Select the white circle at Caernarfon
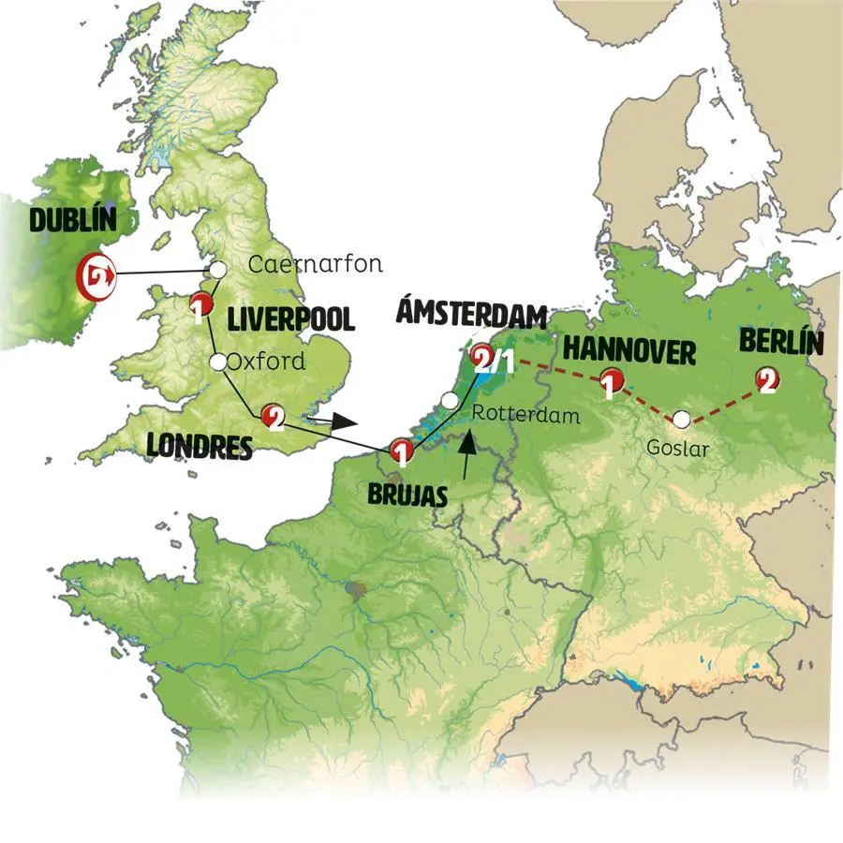tap(217, 270)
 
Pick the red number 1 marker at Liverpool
tap(199, 304)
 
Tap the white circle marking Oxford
tap(218, 362)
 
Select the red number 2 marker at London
tap(273, 417)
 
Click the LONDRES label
tap(200, 447)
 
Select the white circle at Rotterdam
tap(451, 401)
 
